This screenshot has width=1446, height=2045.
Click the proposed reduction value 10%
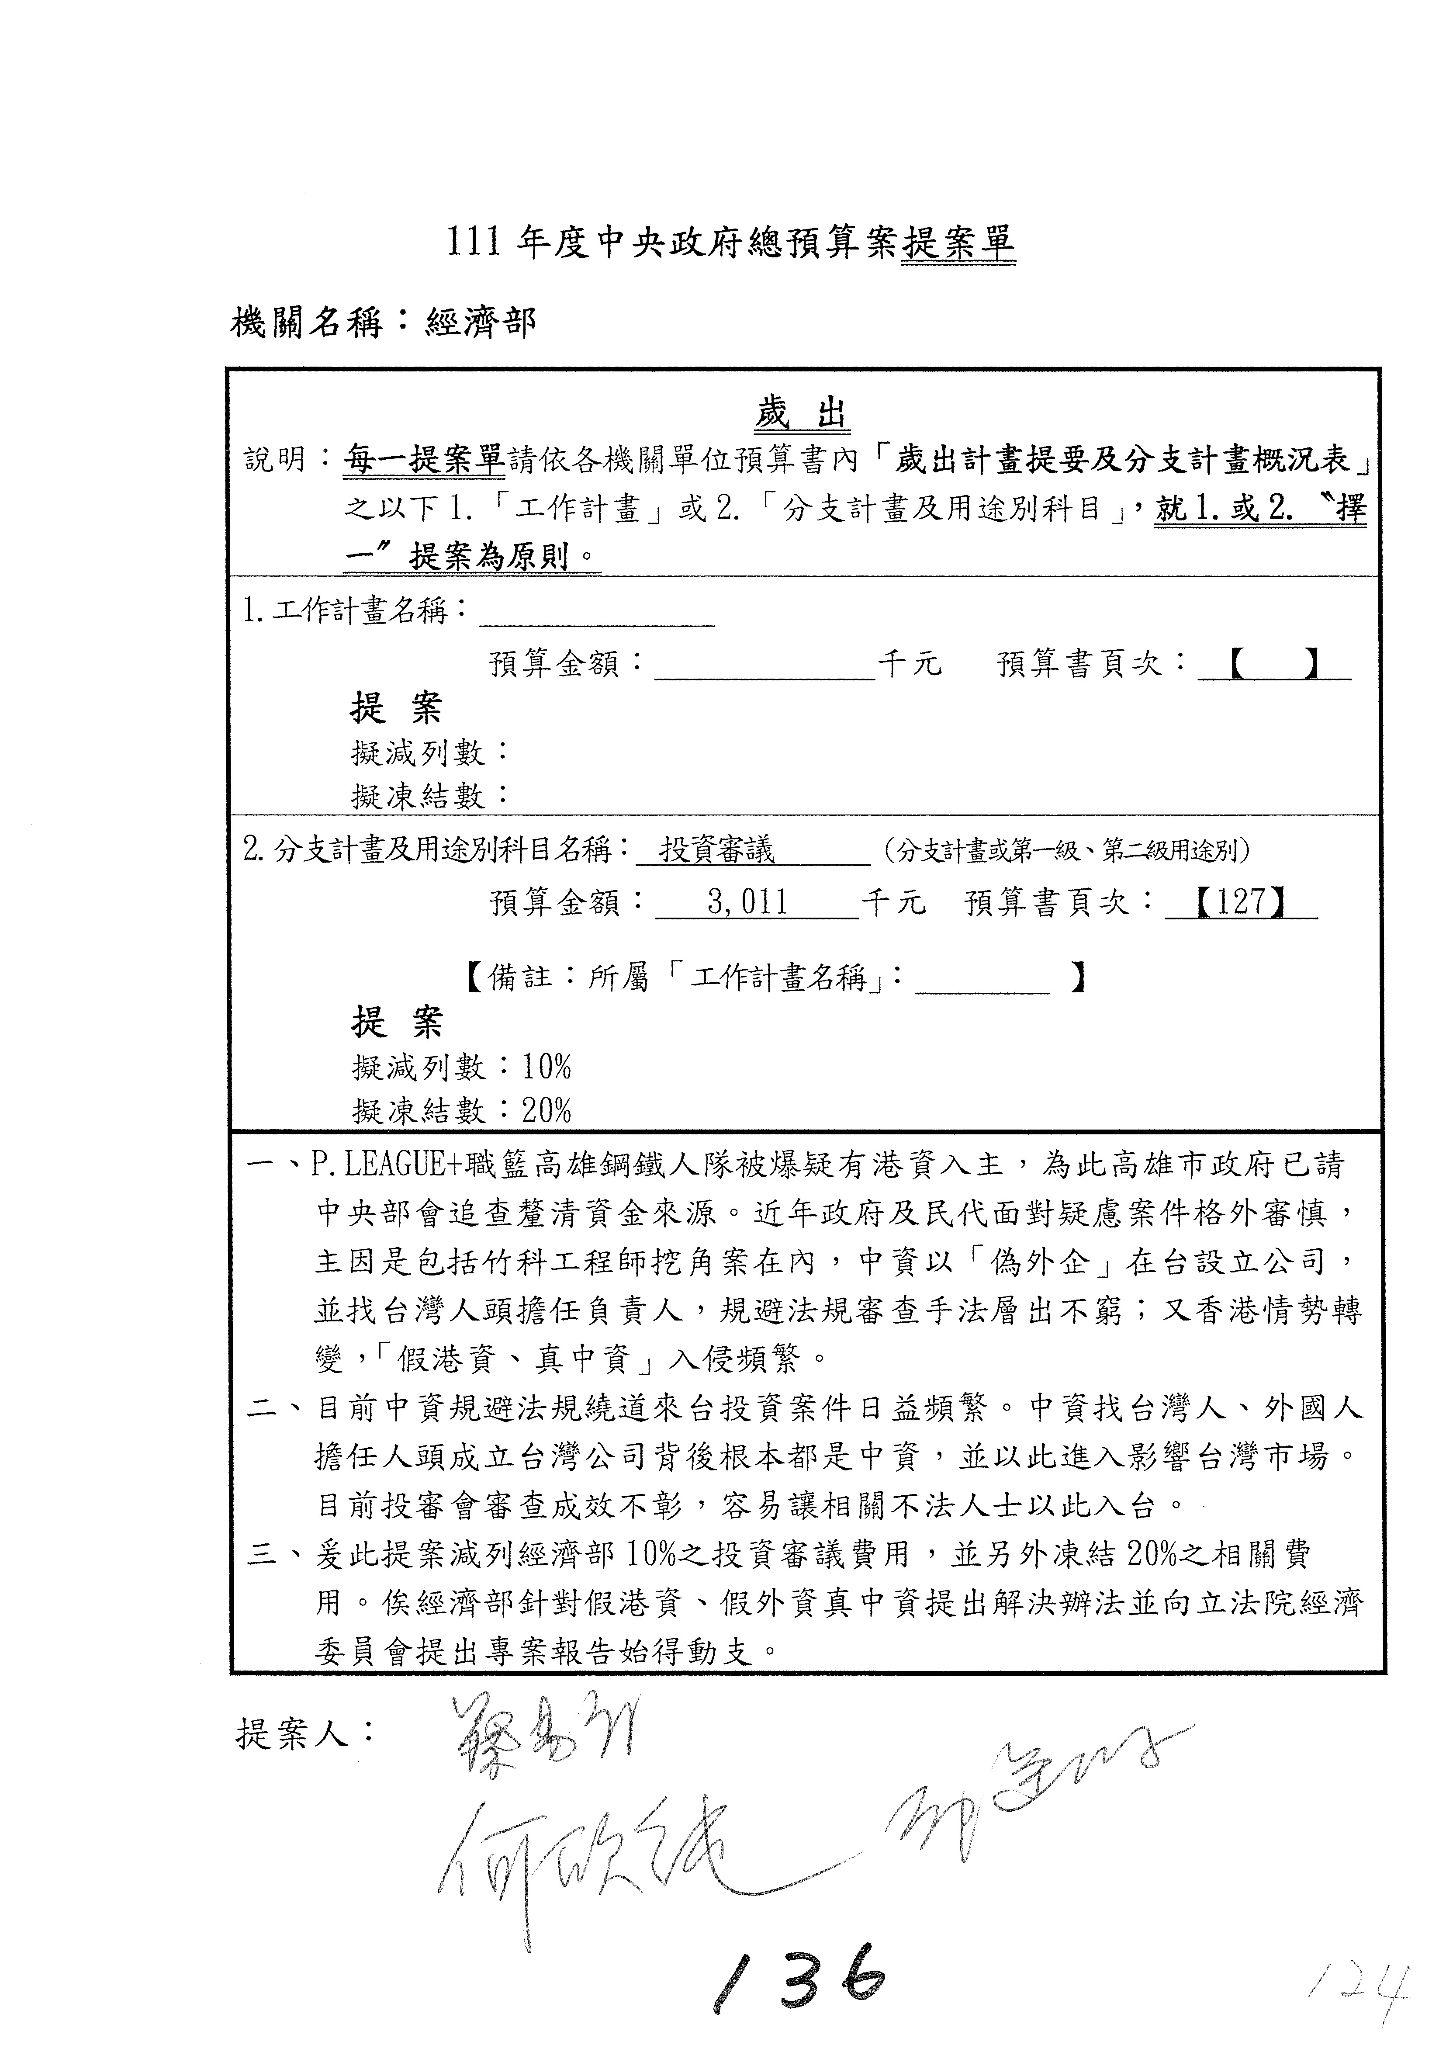point(547,1066)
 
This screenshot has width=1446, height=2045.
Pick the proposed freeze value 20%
point(547,1110)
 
